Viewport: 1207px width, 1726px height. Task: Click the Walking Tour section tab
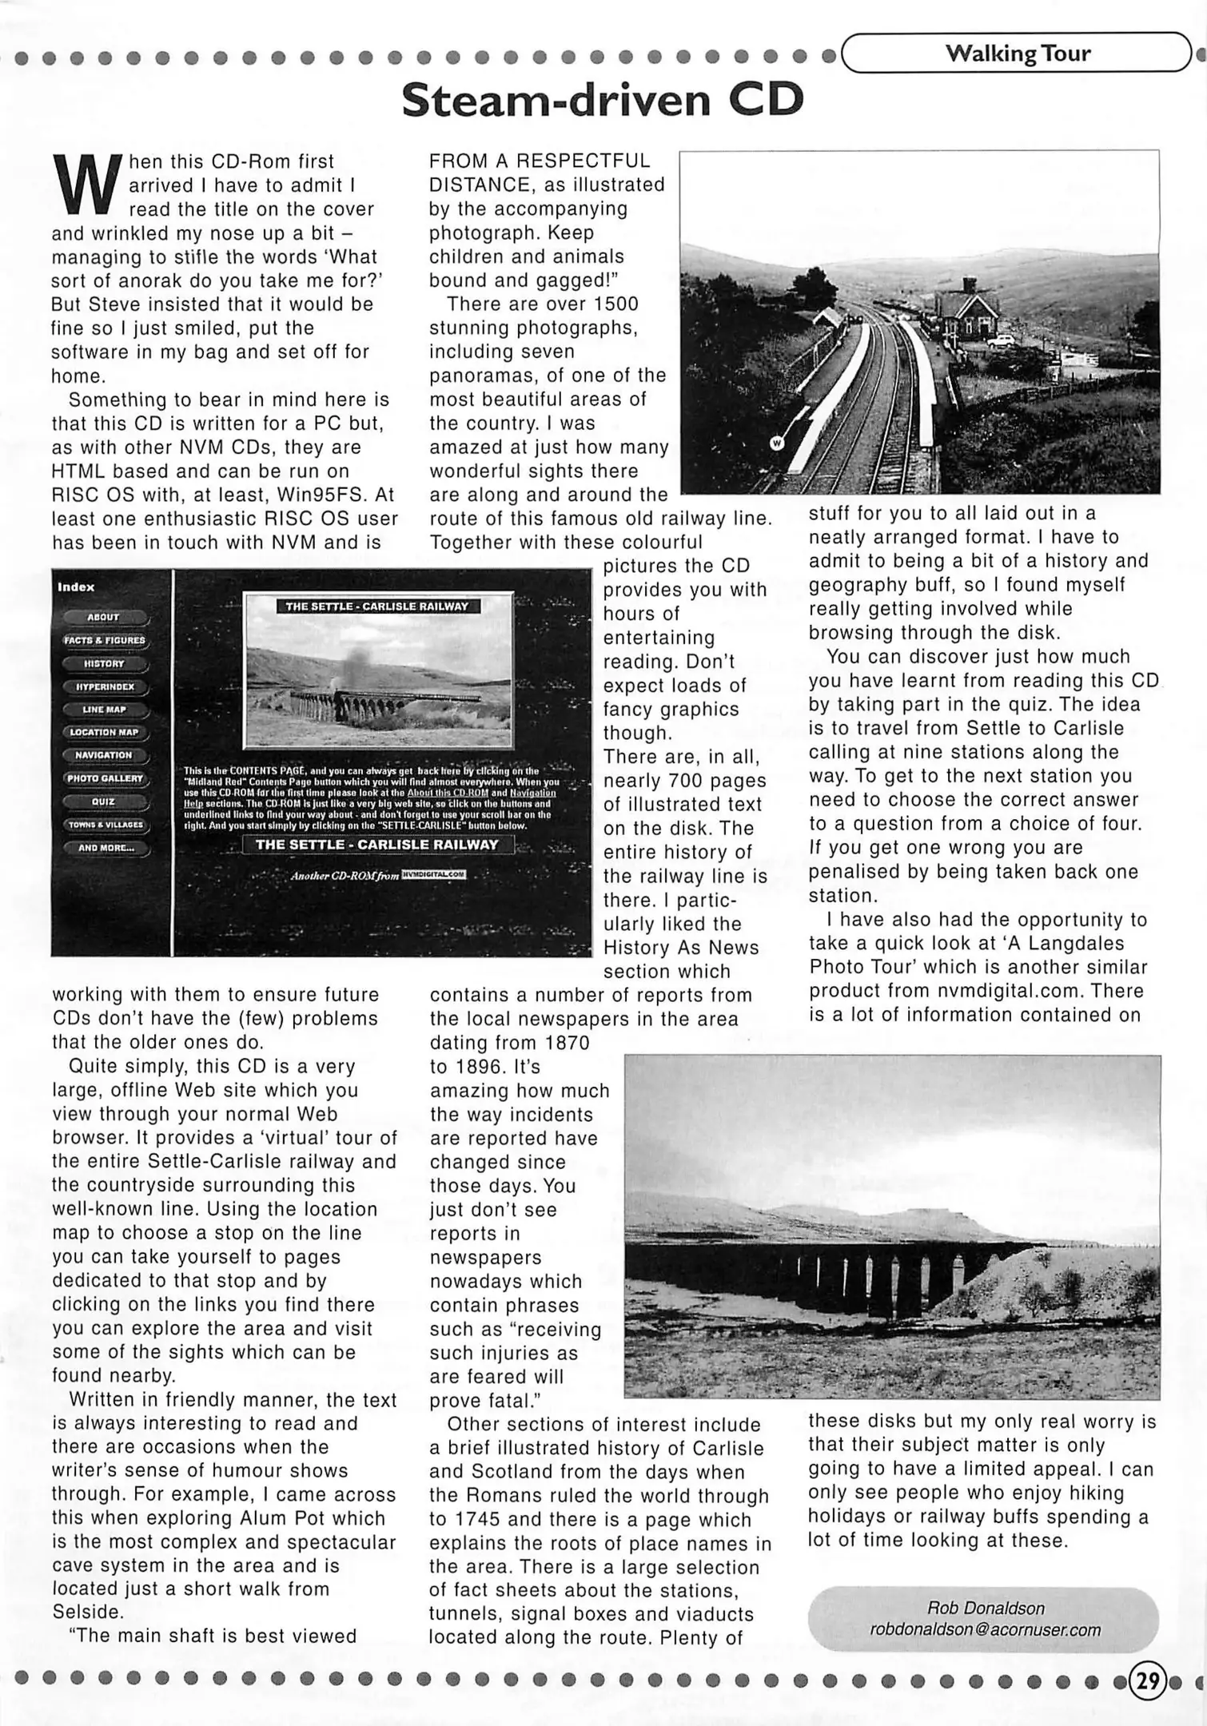click(x=1017, y=54)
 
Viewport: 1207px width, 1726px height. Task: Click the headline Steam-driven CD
click(x=602, y=101)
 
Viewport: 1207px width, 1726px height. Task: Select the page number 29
click(x=1148, y=1681)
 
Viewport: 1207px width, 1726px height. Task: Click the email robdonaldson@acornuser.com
click(x=985, y=1629)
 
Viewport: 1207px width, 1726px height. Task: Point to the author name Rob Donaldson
click(x=985, y=1608)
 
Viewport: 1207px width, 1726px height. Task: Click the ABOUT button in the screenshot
click(x=104, y=617)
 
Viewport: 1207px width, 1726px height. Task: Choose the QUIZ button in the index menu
click(x=104, y=801)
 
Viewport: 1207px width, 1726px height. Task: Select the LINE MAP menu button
click(x=104, y=710)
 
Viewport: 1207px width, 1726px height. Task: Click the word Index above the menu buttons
click(x=76, y=587)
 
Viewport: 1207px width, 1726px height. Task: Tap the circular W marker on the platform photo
click(x=776, y=443)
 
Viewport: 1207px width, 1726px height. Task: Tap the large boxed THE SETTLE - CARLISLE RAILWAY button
click(x=377, y=845)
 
